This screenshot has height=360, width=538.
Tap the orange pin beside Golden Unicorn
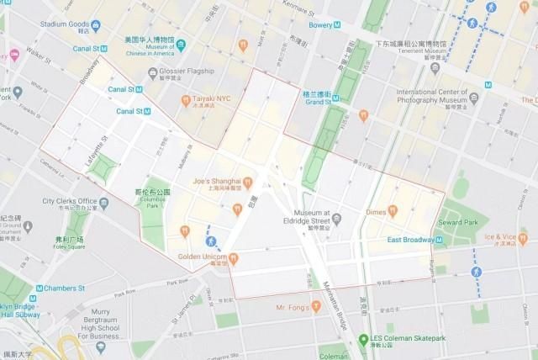(234, 258)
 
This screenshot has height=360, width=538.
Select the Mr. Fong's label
(293, 308)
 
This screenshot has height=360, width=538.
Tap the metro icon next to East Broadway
(440, 241)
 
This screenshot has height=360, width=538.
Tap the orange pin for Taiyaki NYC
(186, 101)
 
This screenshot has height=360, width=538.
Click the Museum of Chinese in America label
(150, 45)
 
